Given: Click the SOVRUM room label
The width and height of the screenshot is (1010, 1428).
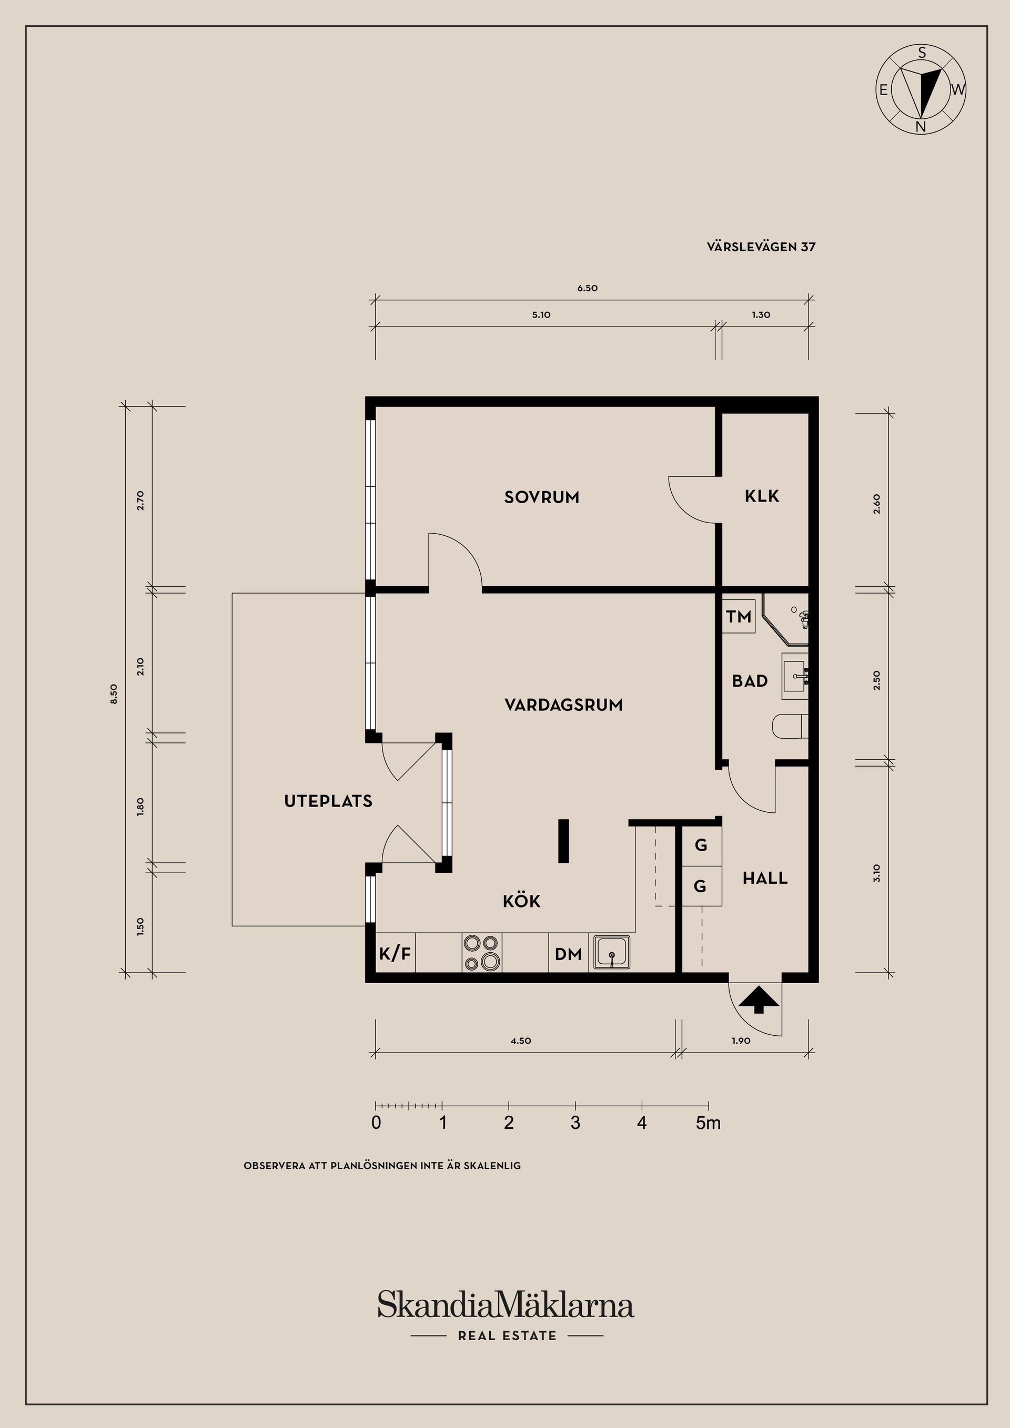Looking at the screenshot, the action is pyautogui.click(x=541, y=497).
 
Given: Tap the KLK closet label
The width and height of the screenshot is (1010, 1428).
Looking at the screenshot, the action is pyautogui.click(x=762, y=496).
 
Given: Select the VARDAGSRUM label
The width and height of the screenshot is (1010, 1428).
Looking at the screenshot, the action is pyautogui.click(x=563, y=705).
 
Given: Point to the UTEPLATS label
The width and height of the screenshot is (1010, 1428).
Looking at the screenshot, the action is pyautogui.click(x=328, y=801).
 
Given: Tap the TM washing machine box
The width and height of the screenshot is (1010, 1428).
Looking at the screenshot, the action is pyautogui.click(x=739, y=616).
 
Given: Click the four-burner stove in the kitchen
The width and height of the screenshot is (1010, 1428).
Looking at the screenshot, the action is pyautogui.click(x=482, y=953).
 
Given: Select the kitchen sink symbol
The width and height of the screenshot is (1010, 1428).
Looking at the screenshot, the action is pyautogui.click(x=612, y=952).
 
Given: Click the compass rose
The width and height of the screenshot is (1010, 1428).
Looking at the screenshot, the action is pyautogui.click(x=922, y=89).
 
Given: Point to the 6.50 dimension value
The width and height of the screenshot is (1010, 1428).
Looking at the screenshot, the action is pyautogui.click(x=587, y=289).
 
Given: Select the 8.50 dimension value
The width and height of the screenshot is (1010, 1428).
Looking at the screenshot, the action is pyautogui.click(x=113, y=694).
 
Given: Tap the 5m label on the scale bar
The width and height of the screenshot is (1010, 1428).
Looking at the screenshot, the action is pyautogui.click(x=708, y=1123).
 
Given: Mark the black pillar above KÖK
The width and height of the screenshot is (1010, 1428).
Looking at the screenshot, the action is pyautogui.click(x=564, y=841).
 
